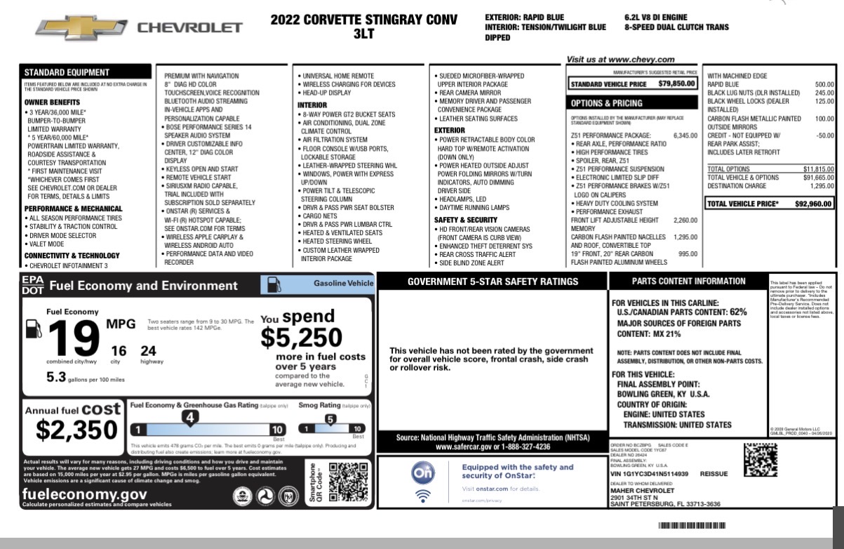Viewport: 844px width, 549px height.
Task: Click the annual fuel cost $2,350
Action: click(x=77, y=429)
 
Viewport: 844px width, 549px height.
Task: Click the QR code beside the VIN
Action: click(x=760, y=461)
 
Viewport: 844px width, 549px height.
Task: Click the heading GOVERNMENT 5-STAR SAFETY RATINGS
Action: click(x=493, y=282)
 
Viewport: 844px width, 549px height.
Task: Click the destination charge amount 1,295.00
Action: click(x=822, y=186)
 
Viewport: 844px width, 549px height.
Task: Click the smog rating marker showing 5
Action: click(x=330, y=419)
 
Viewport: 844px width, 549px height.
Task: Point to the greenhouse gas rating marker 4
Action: click(x=189, y=418)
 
